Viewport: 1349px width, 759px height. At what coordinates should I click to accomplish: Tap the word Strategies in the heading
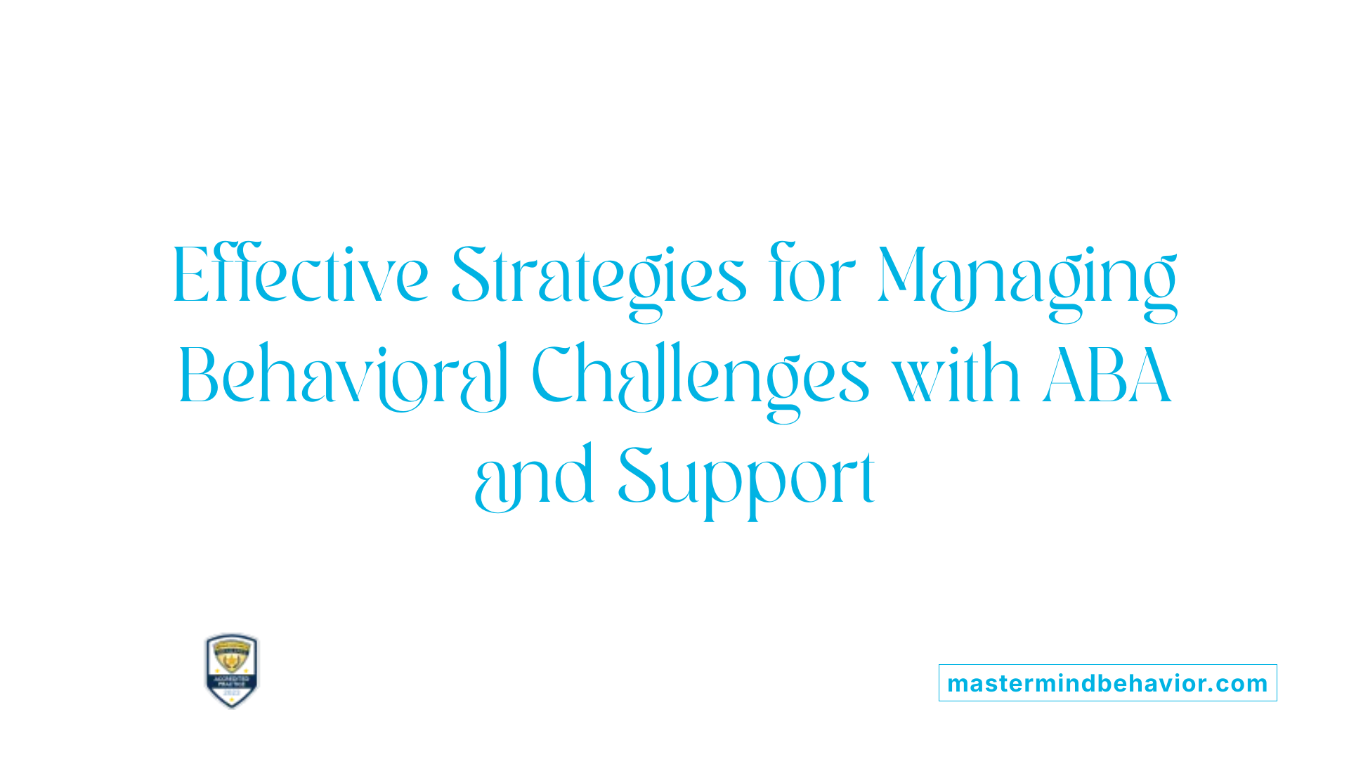coord(598,278)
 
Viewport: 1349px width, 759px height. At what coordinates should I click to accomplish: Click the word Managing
coord(1027,280)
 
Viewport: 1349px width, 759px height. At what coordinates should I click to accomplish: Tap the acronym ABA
coord(1107,375)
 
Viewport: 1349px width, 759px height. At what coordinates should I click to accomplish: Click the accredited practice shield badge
coord(232,670)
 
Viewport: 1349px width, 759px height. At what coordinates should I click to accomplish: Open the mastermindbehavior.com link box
coord(1107,683)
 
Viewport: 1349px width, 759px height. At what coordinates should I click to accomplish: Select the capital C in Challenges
coord(554,375)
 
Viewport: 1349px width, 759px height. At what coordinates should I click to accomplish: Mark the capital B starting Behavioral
coord(200,375)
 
